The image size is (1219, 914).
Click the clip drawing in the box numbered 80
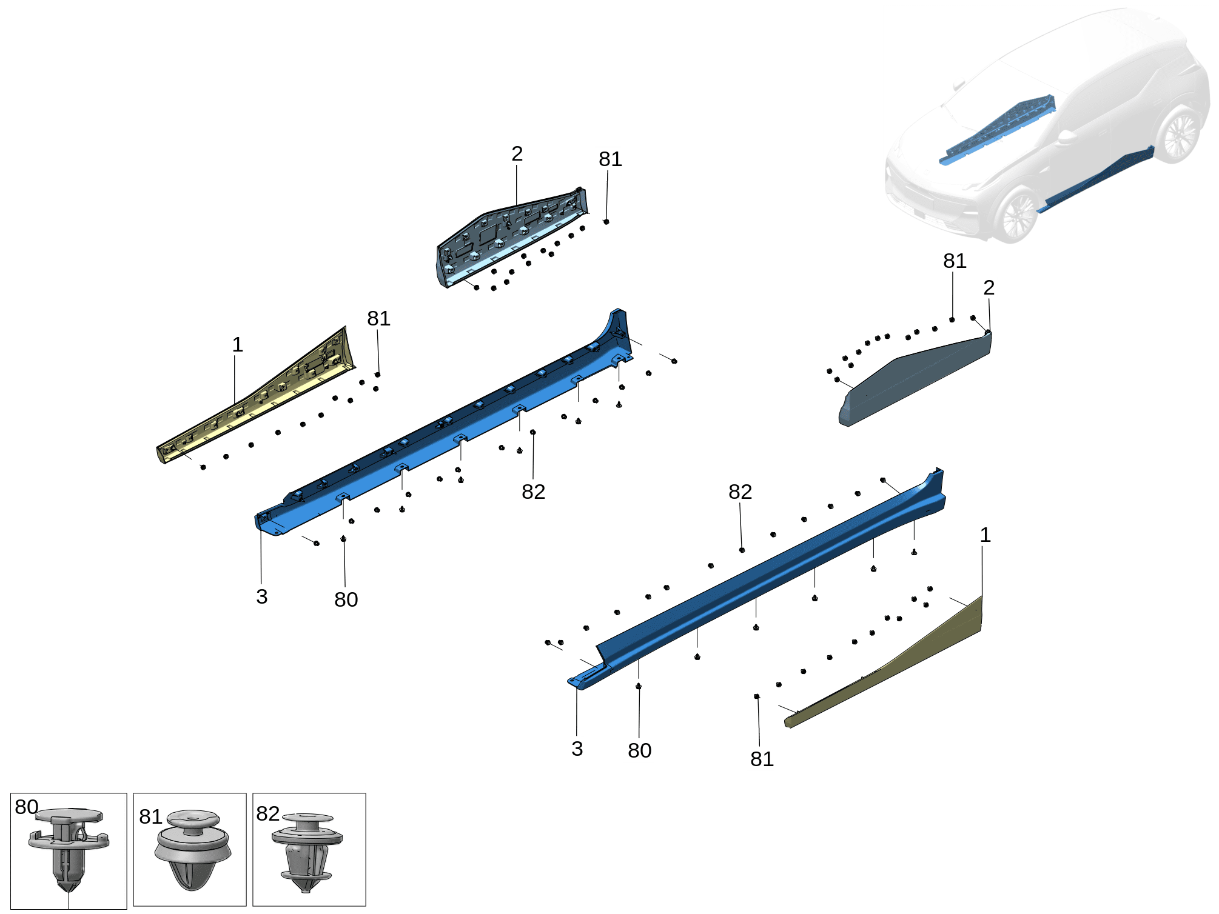click(69, 852)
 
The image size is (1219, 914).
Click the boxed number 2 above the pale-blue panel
click(517, 153)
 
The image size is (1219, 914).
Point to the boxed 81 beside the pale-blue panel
click(609, 159)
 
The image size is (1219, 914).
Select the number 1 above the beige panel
click(238, 345)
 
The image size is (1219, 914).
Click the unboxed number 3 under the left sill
click(262, 597)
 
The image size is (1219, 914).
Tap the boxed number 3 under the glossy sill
click(577, 749)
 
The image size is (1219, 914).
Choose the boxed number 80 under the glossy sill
click(639, 750)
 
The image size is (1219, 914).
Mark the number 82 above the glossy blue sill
click(740, 492)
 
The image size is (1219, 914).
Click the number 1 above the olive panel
click(985, 535)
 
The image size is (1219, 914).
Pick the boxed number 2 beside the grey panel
click(989, 288)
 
